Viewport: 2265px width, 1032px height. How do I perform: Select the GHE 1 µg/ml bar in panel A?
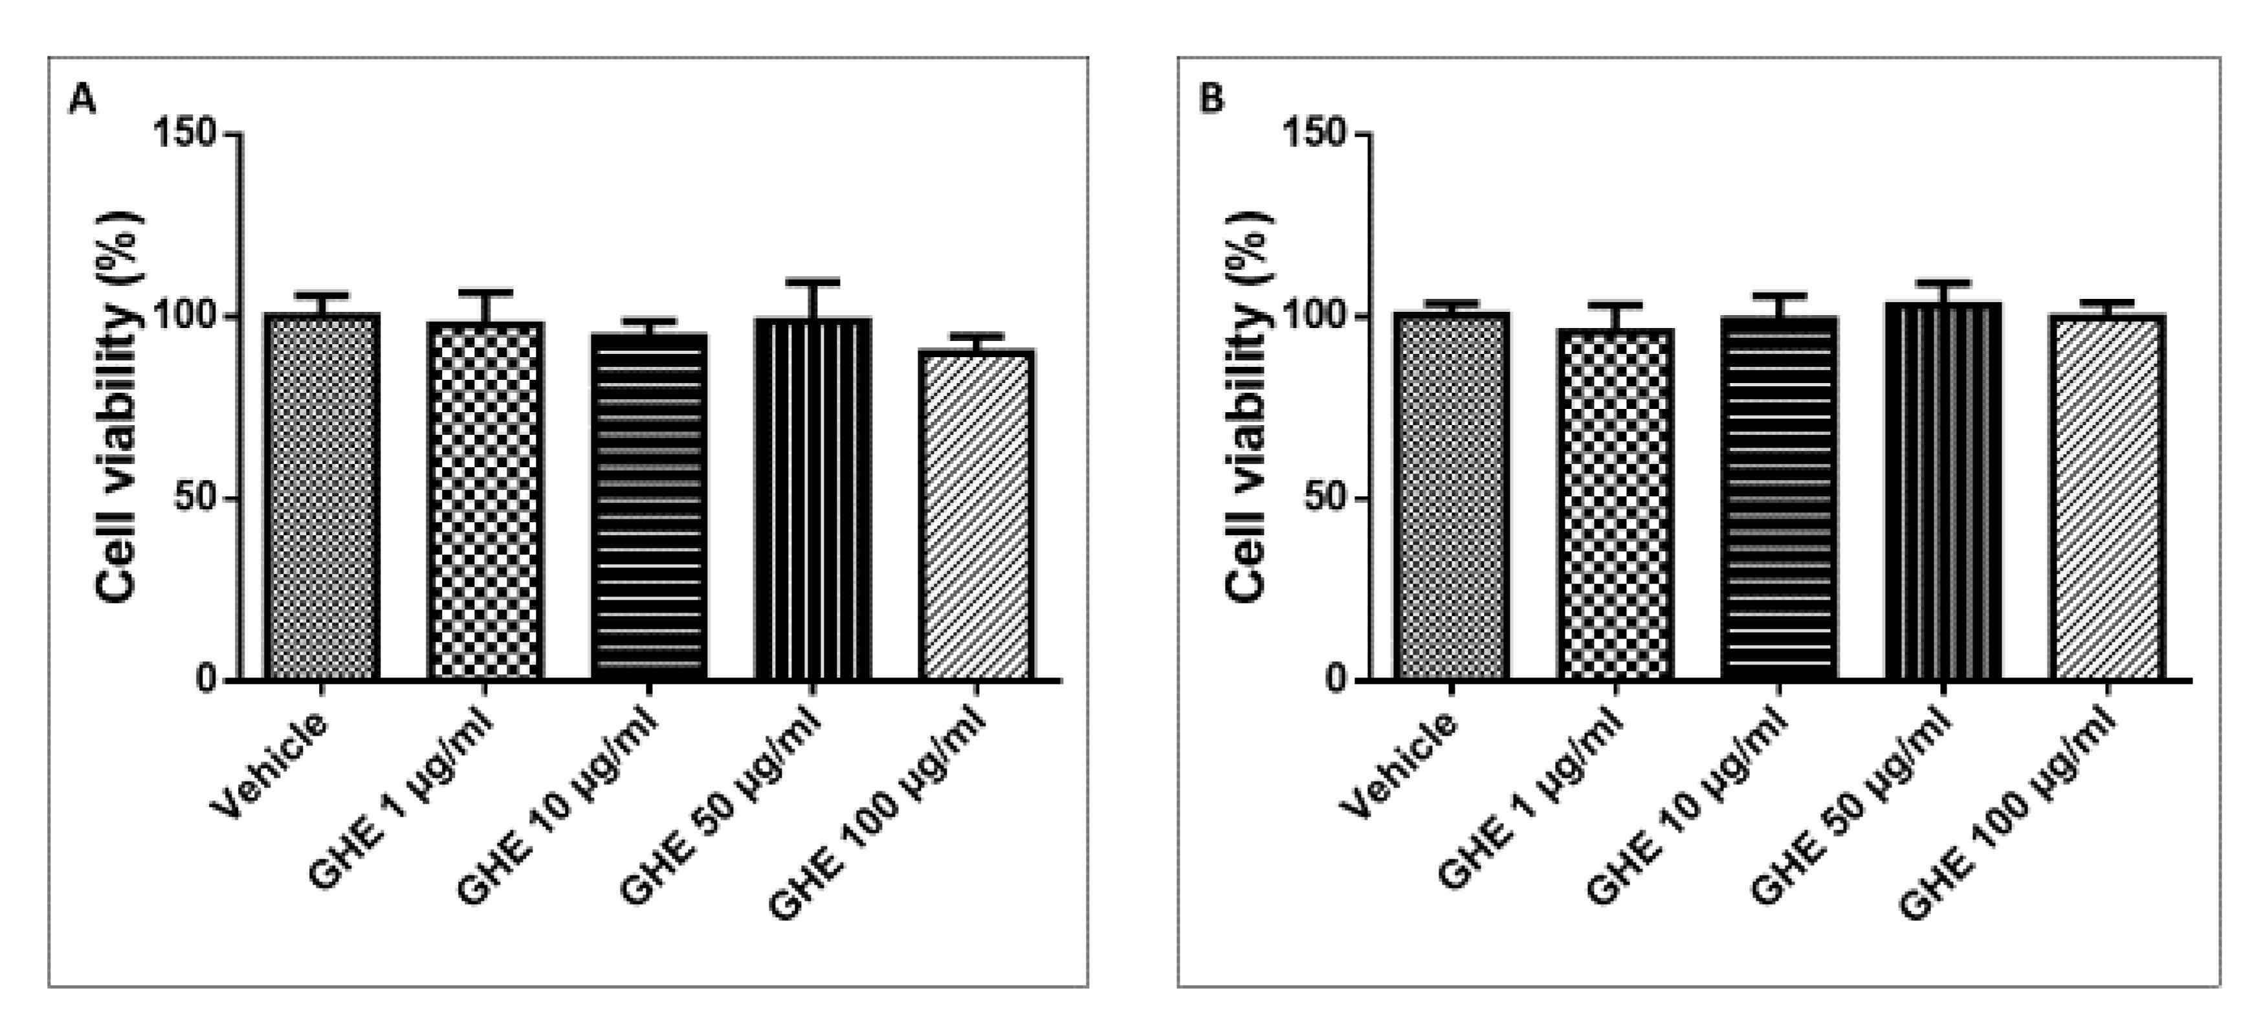(485, 501)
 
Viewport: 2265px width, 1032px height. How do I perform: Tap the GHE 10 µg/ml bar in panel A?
(649, 507)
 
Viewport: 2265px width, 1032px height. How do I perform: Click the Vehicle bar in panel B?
(1452, 497)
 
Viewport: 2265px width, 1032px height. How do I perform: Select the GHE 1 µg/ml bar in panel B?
(1615, 505)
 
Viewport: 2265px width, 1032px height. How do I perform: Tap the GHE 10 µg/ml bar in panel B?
(1779, 498)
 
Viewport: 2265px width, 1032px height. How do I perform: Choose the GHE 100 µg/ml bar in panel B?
(2106, 498)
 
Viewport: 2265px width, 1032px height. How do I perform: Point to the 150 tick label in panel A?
(184, 134)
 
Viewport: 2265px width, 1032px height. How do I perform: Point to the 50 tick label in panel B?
(1326, 498)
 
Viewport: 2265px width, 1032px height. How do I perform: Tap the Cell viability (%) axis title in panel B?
(1247, 406)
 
